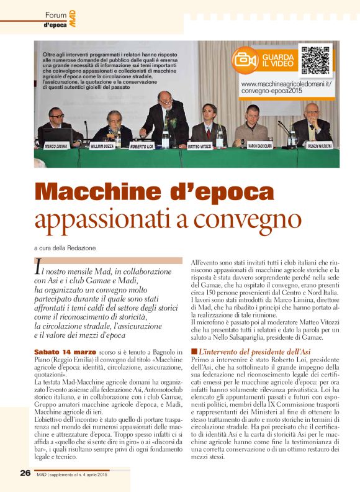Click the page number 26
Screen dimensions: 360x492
pyautogui.click(x=25, y=473)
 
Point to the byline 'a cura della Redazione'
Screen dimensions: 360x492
pyautogui.click(x=65, y=247)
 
